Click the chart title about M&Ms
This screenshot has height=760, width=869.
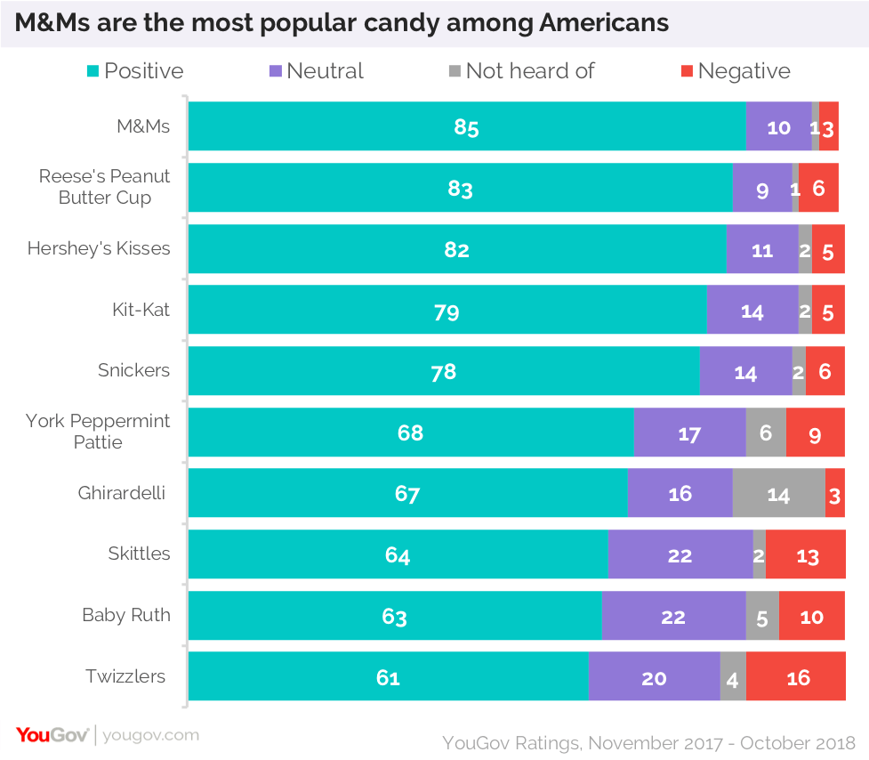click(342, 22)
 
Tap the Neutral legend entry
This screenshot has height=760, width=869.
click(316, 71)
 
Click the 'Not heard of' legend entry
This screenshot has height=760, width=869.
click(520, 71)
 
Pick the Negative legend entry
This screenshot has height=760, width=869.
click(735, 71)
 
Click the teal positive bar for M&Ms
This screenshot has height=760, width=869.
click(466, 126)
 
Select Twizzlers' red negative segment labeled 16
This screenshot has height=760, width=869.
click(797, 677)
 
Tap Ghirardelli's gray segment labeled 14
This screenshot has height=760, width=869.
click(778, 493)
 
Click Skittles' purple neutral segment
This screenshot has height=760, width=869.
click(680, 554)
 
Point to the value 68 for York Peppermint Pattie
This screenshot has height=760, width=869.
click(410, 433)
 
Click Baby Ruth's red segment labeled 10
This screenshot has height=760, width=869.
click(811, 616)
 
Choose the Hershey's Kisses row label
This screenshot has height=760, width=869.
click(99, 248)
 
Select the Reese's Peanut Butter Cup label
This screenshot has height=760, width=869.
click(104, 187)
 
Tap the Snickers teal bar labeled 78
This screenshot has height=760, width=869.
click(443, 371)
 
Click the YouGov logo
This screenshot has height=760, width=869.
click(52, 735)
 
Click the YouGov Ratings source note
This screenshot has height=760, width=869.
click(648, 742)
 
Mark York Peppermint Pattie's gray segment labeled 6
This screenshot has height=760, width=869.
click(766, 433)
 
